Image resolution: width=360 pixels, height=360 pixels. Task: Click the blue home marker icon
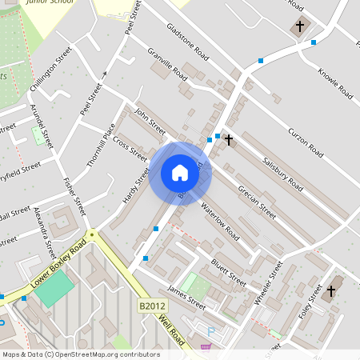(x=180, y=172)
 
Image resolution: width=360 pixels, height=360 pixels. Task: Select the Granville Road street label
(x=167, y=65)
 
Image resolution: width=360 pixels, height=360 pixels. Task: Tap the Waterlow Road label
(x=220, y=222)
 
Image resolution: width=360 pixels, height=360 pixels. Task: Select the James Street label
(x=186, y=298)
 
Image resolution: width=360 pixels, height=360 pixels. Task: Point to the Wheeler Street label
(x=269, y=281)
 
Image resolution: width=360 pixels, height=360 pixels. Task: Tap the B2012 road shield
(x=151, y=306)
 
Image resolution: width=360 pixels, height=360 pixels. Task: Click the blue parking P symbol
(x=211, y=331)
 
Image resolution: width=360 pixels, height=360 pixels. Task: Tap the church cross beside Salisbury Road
(x=229, y=140)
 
